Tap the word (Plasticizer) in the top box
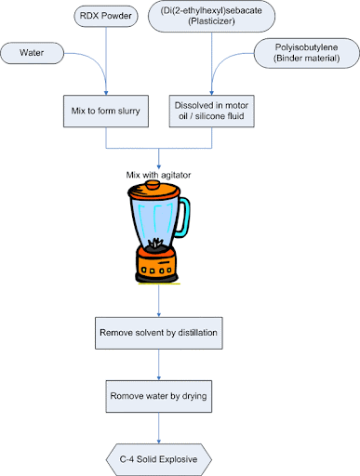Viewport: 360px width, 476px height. tap(213, 28)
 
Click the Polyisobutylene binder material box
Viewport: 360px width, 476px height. tap(299, 52)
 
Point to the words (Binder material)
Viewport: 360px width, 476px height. tap(299, 59)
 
